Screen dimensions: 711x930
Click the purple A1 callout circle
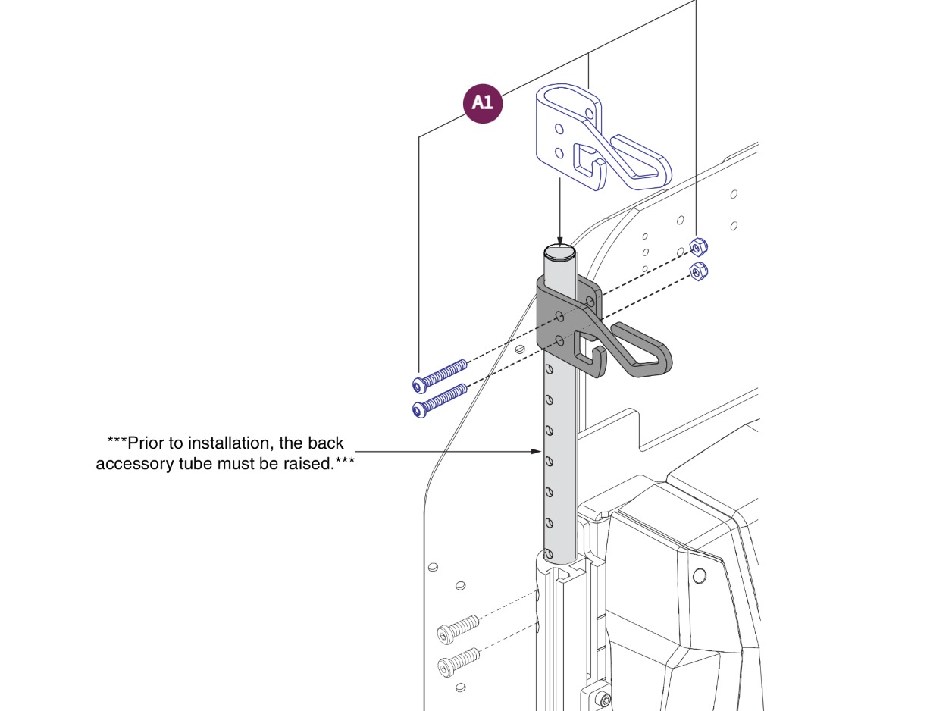pos(483,102)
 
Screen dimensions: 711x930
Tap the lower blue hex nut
pos(700,271)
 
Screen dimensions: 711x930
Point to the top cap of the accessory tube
pos(559,252)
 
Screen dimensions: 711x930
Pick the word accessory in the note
pos(135,464)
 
